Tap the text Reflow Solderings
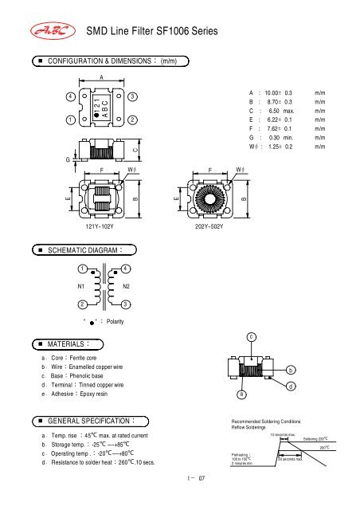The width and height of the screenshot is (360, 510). point(254,428)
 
